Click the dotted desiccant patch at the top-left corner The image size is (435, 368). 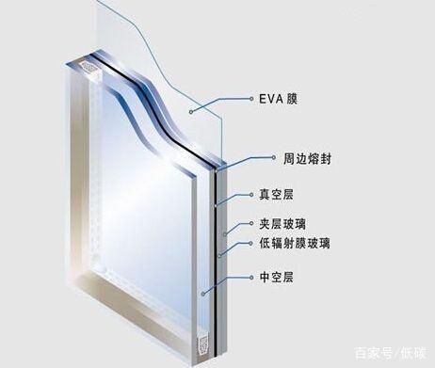tap(87, 68)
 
